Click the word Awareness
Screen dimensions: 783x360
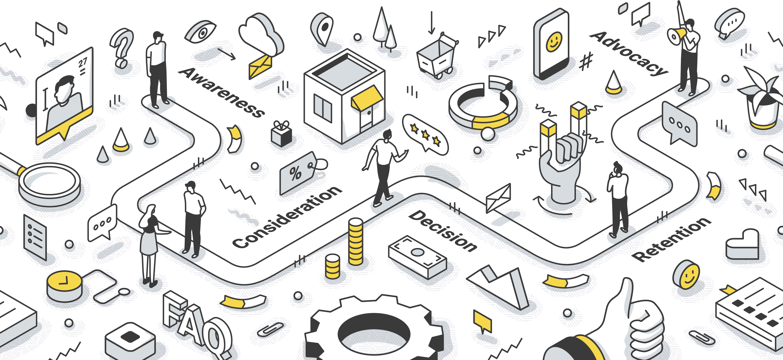221,92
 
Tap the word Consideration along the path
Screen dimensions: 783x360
287,217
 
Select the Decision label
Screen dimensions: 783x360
443,231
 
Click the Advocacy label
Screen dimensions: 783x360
629,53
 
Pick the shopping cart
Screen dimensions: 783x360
437,56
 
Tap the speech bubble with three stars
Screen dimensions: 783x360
425,134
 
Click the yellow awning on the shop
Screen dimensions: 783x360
367,98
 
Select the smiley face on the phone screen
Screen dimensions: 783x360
554,42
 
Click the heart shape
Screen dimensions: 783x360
742,244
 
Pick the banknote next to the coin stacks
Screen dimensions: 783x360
417,256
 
